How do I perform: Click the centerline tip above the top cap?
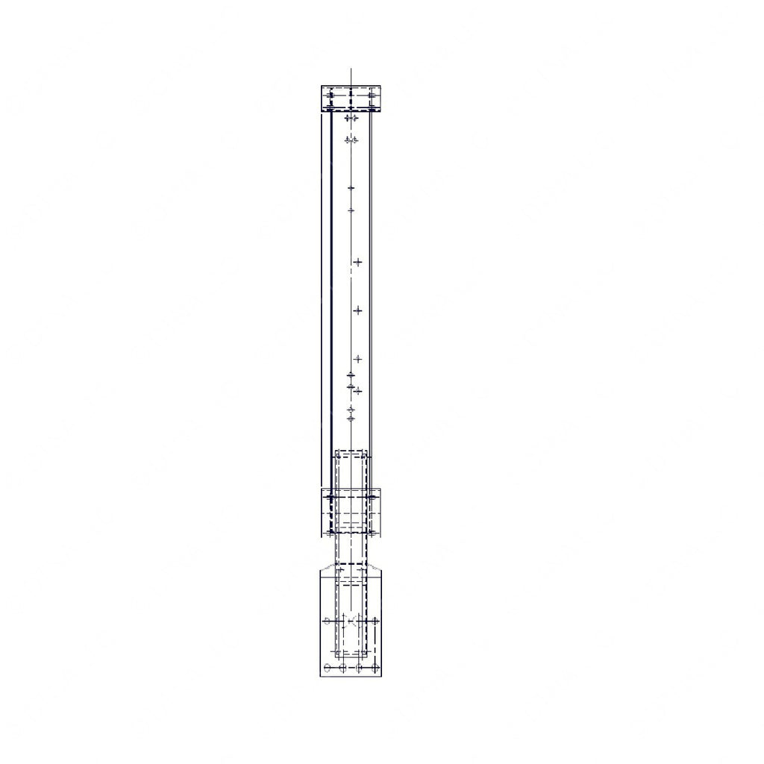coord(351,69)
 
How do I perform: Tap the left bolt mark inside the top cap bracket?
coord(331,95)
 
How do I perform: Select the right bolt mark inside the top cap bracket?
coord(372,95)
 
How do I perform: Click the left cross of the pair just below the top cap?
coord(347,118)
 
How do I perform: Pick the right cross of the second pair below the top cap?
coord(355,140)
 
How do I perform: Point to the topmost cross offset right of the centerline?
coord(357,262)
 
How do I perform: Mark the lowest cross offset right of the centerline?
coord(357,390)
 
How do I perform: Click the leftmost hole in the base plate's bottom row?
coord(328,667)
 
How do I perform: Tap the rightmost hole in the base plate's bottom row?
coord(375,667)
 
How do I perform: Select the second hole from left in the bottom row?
coord(342,667)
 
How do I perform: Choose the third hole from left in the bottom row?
coord(360,667)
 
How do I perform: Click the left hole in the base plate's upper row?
coord(327,620)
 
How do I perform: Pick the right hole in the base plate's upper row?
coord(375,620)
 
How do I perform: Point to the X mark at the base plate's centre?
coord(351,620)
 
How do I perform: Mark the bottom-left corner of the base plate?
coord(320,676)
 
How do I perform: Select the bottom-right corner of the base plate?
coord(383,676)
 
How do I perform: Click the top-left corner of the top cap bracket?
coord(322,87)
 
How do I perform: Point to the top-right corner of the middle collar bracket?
coord(381,489)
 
